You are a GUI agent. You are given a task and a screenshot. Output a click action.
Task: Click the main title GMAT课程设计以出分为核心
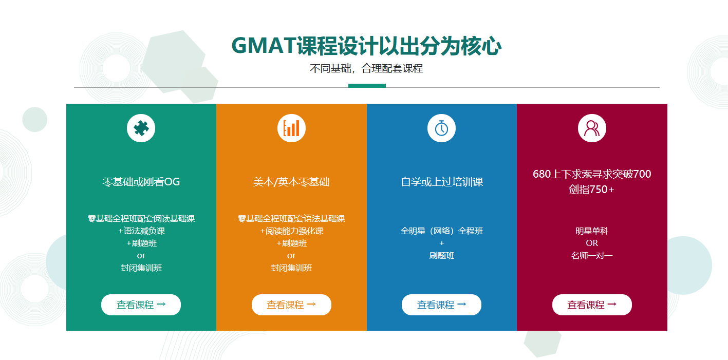[366, 46]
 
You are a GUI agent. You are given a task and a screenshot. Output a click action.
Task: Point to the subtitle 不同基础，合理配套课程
[366, 68]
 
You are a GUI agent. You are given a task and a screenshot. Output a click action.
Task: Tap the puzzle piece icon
[141, 128]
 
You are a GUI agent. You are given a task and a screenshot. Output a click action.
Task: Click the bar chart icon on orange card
[291, 128]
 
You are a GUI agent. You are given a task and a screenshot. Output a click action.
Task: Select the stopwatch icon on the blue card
[441, 128]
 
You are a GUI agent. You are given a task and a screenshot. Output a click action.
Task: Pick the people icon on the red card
[592, 128]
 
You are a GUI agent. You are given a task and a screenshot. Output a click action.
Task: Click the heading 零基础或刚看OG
[141, 182]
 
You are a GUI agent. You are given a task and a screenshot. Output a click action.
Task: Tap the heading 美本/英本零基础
[291, 182]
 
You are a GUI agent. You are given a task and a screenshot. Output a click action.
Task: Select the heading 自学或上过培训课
[442, 182]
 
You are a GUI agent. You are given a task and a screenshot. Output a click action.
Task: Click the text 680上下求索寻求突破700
[592, 174]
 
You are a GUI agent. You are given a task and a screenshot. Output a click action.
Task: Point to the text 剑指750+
[592, 190]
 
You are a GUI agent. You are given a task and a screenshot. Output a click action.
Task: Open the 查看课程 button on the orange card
[291, 305]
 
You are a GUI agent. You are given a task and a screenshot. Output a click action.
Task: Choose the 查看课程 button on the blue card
[441, 305]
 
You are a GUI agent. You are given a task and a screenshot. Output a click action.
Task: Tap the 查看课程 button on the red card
[592, 305]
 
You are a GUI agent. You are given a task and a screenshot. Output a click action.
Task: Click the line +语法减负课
[141, 231]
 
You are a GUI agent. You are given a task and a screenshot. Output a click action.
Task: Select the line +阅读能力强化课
[291, 231]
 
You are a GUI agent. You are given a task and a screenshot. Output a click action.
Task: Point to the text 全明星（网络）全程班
[442, 231]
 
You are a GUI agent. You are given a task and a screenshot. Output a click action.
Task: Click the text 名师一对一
[592, 256]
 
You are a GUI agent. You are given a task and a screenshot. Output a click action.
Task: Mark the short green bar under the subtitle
[367, 86]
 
